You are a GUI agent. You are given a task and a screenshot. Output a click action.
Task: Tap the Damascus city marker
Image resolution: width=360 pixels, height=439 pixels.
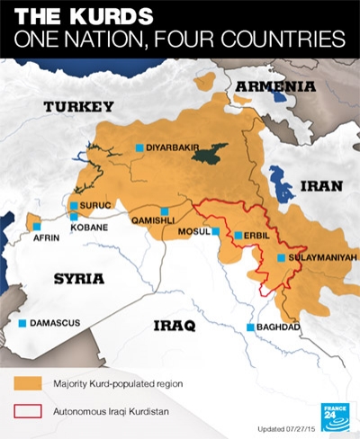click(22, 322)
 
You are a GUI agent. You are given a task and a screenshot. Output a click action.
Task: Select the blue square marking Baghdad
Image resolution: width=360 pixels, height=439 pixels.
click(249, 327)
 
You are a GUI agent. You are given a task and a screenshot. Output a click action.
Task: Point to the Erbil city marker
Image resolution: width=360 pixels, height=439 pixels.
click(238, 236)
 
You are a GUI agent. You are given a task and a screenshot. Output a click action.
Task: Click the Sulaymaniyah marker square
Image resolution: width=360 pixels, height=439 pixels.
click(282, 258)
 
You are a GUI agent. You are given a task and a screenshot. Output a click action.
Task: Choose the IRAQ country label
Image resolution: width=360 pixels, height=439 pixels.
click(174, 325)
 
